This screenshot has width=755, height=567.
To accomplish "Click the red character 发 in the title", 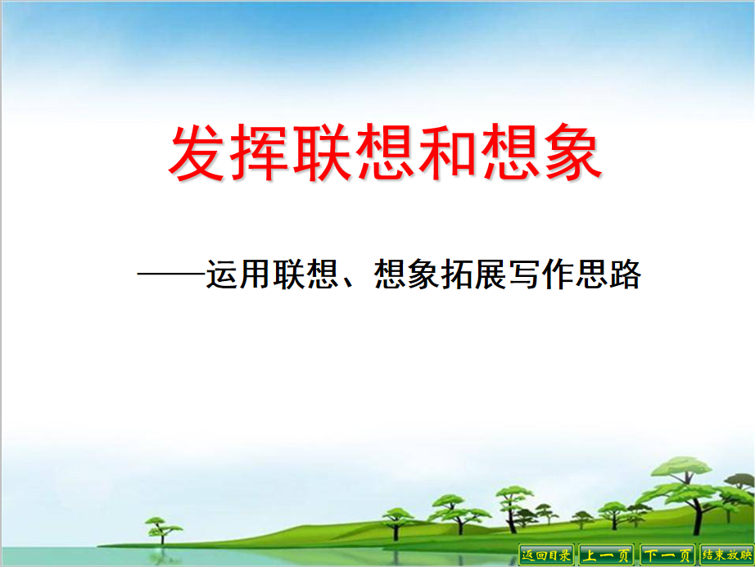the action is pos(197,152).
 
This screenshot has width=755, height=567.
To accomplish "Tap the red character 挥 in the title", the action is pos(259,152).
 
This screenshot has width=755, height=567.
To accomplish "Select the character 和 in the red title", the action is pos(446,152).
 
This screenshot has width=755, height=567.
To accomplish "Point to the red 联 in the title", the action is pos(321,152).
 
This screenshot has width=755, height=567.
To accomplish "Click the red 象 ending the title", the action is pos(572,152).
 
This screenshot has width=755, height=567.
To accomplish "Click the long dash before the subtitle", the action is pos(171,274).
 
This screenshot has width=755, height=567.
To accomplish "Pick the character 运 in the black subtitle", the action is pos(223,274).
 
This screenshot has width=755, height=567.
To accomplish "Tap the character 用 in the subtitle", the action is pos(255,274).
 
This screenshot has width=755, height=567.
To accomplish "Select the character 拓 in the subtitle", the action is pos(457,274).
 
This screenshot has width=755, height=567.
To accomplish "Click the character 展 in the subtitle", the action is pos(491,274).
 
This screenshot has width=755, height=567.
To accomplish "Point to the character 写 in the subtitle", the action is pos(524,274).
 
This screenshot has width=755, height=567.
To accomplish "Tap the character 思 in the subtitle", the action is pos(592,274).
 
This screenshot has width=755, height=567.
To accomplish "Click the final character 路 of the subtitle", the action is pos(626,274).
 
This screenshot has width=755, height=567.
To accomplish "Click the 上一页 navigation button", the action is pos(606,555).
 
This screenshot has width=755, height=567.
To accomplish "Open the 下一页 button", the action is pos(667,555).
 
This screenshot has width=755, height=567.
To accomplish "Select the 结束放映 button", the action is pos(727,555).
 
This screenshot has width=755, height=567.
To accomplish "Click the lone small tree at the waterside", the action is pos(162,531).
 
